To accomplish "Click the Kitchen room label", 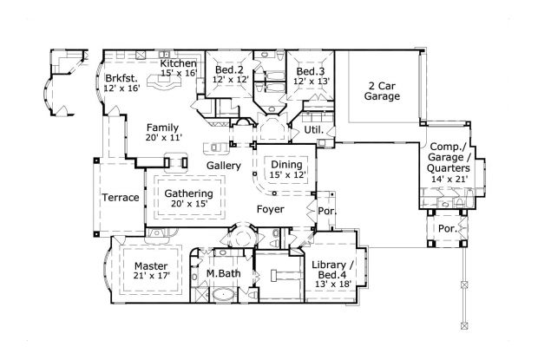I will click(179, 64).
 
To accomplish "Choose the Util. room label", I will click(312, 130).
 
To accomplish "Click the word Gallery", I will click(223, 165).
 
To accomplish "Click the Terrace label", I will click(121, 198).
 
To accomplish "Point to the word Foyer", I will click(272, 209).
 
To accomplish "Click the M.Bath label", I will click(222, 275).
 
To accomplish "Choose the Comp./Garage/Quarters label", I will click(449, 159).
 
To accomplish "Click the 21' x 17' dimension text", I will click(152, 276).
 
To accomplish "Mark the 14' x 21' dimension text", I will click(449, 180).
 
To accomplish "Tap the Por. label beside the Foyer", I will click(327, 211).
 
